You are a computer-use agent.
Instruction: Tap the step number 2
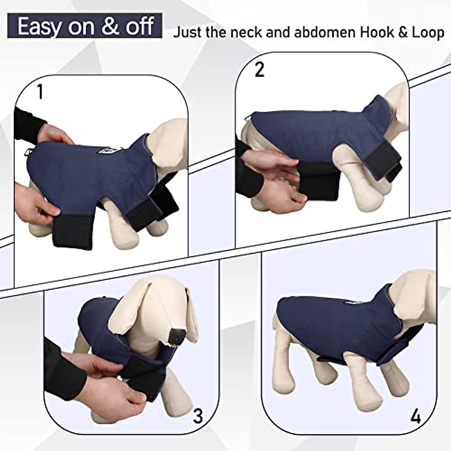click(259, 70)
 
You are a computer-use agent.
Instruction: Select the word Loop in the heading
click(425, 33)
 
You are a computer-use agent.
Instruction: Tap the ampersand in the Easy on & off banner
click(112, 27)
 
